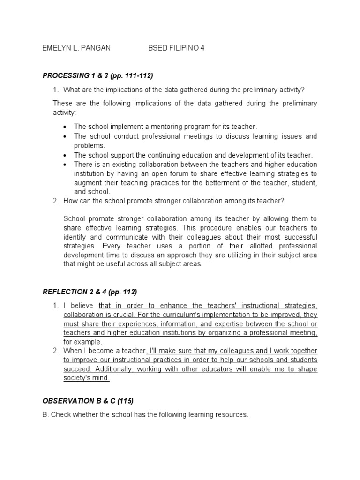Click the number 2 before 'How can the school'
coord(55,201)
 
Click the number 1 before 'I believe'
coord(55,306)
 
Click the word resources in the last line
coord(231,415)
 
